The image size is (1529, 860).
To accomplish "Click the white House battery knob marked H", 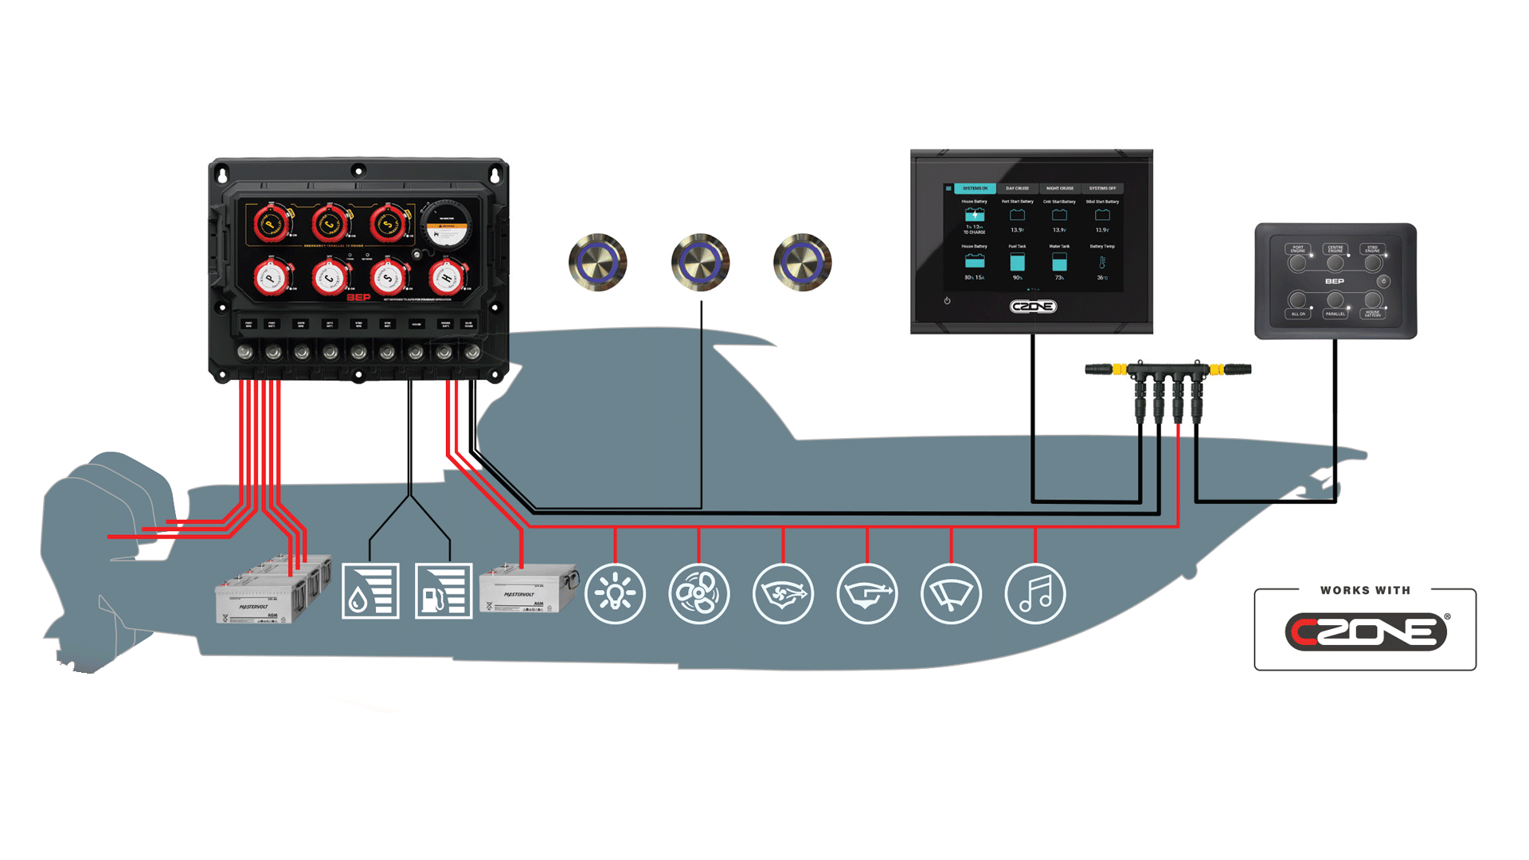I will (x=446, y=277).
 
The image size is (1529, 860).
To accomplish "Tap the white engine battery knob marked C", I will (x=329, y=278).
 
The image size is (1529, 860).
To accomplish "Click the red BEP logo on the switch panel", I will (x=358, y=297).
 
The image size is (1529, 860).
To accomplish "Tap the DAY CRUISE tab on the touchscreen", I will (x=1017, y=189).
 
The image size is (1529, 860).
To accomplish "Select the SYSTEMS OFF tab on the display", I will (x=1102, y=189).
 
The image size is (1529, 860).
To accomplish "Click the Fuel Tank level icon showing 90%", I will (x=1017, y=262).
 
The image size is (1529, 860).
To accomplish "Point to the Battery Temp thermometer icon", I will (x=1102, y=262).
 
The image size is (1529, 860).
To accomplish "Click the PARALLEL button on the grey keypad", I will (x=1335, y=301).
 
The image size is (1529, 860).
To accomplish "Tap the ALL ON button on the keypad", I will (x=1298, y=301).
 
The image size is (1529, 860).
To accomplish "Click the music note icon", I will (x=1035, y=594).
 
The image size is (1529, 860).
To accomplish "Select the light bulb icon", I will (x=615, y=594).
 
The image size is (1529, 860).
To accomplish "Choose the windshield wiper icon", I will (x=951, y=594).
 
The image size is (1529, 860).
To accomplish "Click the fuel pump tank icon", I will (x=444, y=591).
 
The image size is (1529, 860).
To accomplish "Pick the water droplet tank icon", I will (x=370, y=591).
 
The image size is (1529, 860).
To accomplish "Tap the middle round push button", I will (x=700, y=262).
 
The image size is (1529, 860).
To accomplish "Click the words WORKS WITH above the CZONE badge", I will (x=1365, y=590).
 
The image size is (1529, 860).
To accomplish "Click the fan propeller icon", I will (x=698, y=594).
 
